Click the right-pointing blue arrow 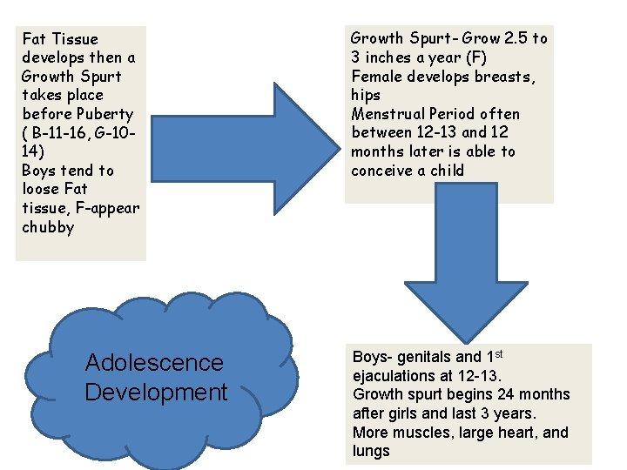(x=235, y=131)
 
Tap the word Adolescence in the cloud (x=154, y=363)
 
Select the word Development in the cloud (x=156, y=393)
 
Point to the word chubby (x=48, y=227)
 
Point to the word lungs (x=371, y=451)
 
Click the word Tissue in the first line (x=75, y=39)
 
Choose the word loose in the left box (x=44, y=189)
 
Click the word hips (x=366, y=95)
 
